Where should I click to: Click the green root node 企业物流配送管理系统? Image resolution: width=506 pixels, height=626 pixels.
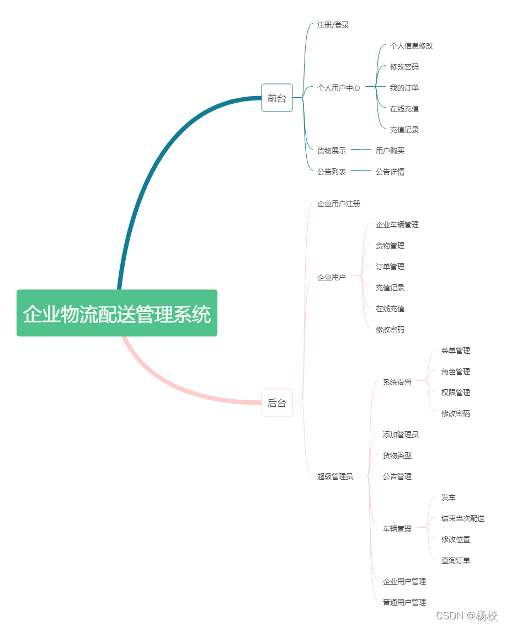[117, 314]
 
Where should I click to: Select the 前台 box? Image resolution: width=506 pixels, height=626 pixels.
[277, 98]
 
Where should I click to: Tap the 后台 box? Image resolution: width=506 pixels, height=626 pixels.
[277, 403]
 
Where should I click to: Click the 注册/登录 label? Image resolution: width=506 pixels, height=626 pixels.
[333, 25]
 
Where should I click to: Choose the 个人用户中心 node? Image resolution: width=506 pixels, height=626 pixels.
[339, 88]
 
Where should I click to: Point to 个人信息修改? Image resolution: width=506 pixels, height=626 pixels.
[412, 46]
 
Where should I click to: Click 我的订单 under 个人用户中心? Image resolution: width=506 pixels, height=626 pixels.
[404, 88]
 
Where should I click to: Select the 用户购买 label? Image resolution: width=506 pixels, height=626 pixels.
[390, 151]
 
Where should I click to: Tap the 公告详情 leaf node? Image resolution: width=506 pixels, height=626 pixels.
[390, 172]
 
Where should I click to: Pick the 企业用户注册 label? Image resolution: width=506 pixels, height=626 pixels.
[339, 204]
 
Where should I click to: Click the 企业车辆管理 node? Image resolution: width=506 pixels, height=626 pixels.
[397, 225]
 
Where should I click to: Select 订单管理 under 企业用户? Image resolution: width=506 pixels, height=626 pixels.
[390, 267]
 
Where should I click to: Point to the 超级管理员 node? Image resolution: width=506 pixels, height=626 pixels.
[335, 476]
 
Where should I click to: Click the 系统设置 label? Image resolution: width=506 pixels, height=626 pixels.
[397, 382]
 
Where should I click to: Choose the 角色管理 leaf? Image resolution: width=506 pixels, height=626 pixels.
[456, 372]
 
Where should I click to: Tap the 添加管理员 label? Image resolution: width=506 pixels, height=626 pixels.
[401, 434]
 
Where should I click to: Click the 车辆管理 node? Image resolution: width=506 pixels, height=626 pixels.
[397, 529]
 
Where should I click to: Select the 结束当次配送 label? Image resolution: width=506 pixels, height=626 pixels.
[463, 518]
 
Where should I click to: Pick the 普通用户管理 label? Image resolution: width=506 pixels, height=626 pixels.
[404, 602]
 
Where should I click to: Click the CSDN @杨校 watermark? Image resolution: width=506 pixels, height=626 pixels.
[466, 616]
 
